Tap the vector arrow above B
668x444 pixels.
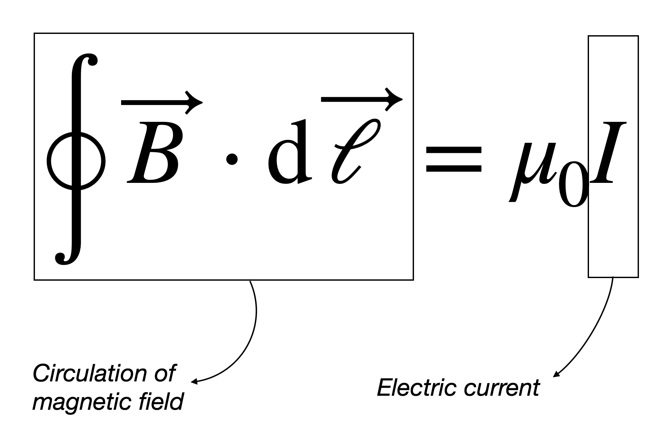(161, 102)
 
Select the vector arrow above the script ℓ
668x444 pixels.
(361, 99)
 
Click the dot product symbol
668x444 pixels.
(232, 160)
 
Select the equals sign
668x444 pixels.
(454, 159)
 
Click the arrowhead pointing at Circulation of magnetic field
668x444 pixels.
(194, 381)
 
